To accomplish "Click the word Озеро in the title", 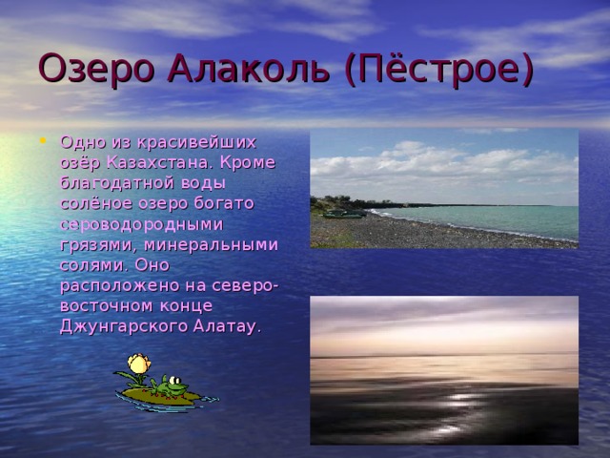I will tap(85, 69).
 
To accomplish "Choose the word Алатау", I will tap(227, 326).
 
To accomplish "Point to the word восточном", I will tap(105, 305).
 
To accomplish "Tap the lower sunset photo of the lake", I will tap(443, 369).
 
